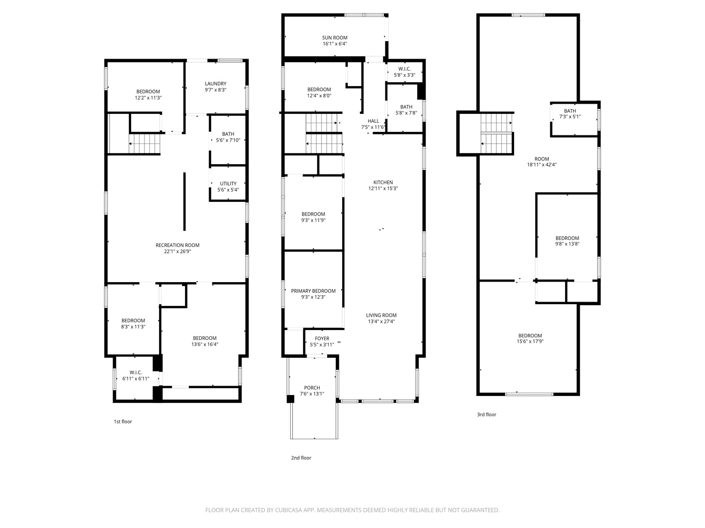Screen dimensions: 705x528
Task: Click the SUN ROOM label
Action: pos(334,38)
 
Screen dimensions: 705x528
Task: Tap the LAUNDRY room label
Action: pos(215,84)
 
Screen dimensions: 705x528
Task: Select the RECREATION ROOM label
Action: pos(177,245)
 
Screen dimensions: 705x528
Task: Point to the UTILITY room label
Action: pos(228,184)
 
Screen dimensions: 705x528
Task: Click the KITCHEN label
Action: pos(383,182)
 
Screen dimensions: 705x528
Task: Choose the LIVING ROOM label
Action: pos(381,315)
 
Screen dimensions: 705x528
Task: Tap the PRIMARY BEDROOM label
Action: pos(313,291)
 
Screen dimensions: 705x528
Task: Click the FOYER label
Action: pos(322,338)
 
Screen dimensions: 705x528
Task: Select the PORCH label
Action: pos(312,388)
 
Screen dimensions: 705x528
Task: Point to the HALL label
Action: pos(373,121)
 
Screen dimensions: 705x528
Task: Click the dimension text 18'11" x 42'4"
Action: pos(541,165)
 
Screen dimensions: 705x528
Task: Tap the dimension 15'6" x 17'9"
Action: pos(530,341)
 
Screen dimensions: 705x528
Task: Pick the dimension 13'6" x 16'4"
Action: pos(205,345)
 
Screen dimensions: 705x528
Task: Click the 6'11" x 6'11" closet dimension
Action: pos(136,379)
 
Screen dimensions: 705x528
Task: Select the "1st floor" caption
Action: pos(123,421)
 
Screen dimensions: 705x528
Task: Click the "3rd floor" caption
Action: pos(487,415)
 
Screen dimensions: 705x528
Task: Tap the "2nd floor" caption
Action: pos(301,458)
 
